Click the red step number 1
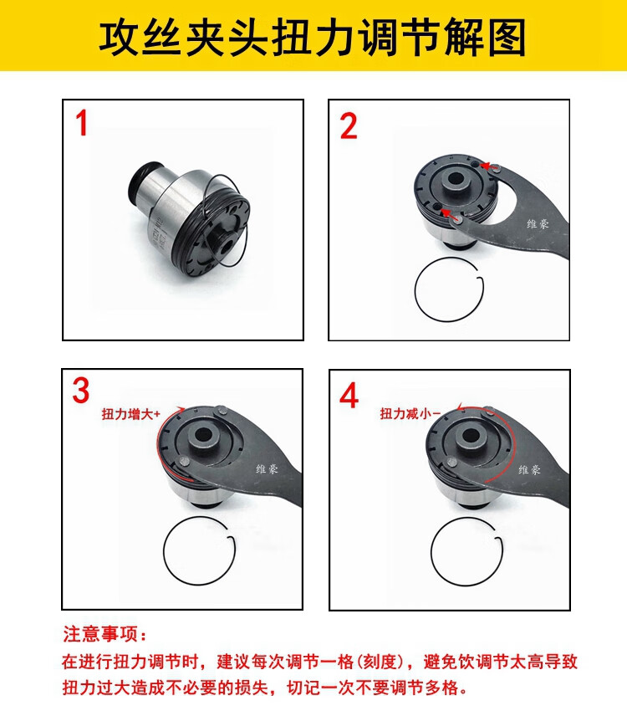(82, 123)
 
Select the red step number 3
(81, 390)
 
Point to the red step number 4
(349, 396)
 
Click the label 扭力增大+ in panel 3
(131, 413)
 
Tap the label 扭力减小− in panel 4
(410, 413)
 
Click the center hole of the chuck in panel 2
(453, 177)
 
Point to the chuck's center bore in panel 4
(468, 436)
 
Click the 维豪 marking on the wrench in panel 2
(538, 223)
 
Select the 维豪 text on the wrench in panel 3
(267, 468)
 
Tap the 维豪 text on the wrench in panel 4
(529, 469)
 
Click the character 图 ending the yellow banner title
(506, 37)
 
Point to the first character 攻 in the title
(119, 37)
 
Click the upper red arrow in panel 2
(488, 166)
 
